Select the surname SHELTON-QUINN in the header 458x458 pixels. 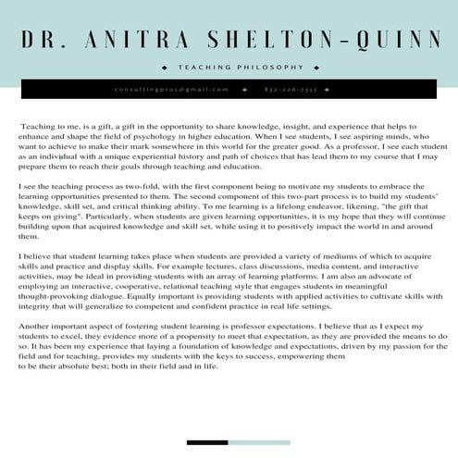[x=335, y=40]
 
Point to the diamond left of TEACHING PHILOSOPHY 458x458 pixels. [x=164, y=68]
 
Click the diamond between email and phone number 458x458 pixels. [x=244, y=90]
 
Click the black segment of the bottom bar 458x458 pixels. [x=207, y=442]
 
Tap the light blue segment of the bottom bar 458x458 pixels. [x=258, y=442]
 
